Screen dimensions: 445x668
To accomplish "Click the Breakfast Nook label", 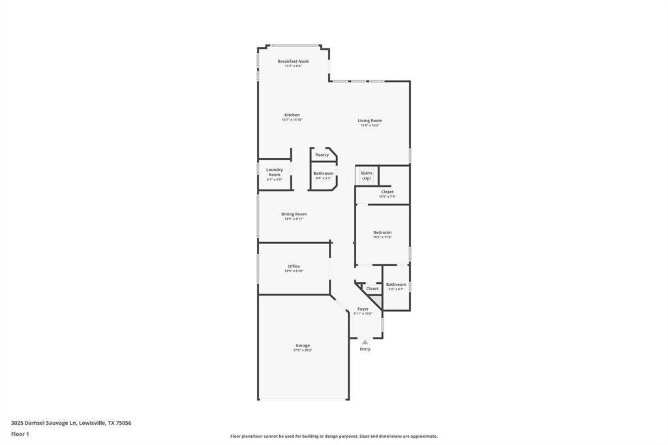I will coord(293,61).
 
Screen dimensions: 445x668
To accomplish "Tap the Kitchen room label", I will coord(292,115).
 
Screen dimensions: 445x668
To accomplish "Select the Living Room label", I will coord(369,120).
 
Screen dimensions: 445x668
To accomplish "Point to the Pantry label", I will coord(322,155).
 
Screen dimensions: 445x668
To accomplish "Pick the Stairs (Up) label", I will coord(367,176).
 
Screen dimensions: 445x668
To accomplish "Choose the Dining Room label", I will coord(294,214).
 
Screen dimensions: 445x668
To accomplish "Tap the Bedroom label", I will coord(382,232).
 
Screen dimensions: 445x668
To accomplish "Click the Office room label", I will coord(294,266).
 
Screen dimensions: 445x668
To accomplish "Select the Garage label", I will coord(302,345).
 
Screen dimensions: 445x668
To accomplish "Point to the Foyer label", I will coord(363,309).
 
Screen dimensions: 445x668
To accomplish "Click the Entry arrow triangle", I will coord(365,341).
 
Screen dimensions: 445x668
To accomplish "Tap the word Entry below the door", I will coord(365,349).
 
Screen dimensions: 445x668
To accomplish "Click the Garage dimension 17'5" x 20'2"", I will coord(302,350).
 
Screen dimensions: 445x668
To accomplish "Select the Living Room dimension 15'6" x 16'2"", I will coord(369,125).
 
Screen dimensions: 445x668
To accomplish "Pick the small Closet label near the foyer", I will coord(372,288).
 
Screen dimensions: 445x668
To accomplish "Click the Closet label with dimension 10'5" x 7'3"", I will coord(387,192).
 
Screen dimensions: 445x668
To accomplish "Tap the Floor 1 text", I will coord(20,434).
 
